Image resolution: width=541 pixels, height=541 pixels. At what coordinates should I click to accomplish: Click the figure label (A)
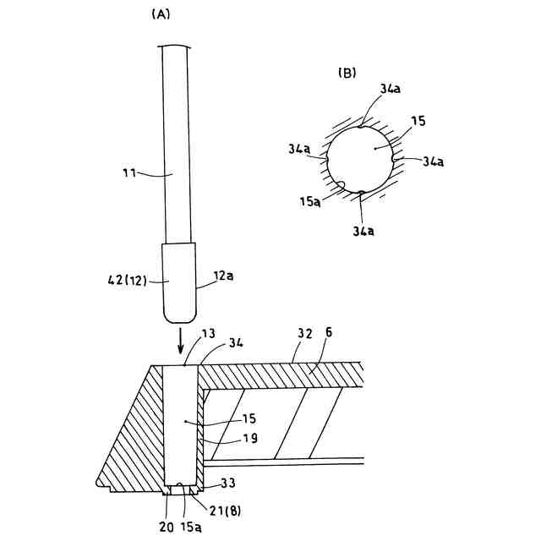(x=161, y=14)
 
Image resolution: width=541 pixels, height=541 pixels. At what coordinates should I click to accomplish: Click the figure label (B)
(x=347, y=73)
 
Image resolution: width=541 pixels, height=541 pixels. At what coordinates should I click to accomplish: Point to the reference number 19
(x=228, y=439)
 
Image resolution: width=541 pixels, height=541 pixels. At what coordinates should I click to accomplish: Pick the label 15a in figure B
(x=309, y=201)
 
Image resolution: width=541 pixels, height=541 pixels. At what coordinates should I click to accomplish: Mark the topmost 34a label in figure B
(x=391, y=89)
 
